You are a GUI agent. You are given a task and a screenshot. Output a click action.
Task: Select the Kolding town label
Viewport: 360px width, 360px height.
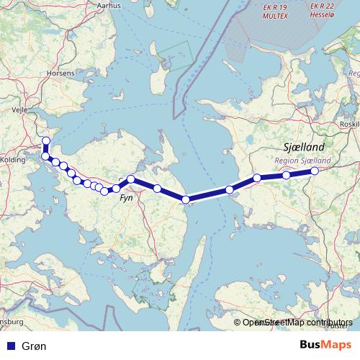pyautogui.click(x=13, y=138)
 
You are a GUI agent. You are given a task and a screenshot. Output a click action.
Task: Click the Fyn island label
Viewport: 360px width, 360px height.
pyautogui.click(x=126, y=196)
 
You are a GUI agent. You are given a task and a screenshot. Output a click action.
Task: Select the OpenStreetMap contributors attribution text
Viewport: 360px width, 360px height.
pyautogui.click(x=297, y=323)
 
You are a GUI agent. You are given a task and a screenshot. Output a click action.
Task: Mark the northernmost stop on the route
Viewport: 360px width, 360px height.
pyautogui.click(x=46, y=141)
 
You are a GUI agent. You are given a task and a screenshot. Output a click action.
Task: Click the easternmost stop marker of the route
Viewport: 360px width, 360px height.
pyautogui.click(x=315, y=171)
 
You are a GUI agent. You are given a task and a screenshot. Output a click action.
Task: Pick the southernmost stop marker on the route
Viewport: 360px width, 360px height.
pyautogui.click(x=186, y=200)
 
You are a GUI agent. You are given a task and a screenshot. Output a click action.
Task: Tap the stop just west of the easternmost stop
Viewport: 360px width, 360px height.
pyautogui.click(x=287, y=175)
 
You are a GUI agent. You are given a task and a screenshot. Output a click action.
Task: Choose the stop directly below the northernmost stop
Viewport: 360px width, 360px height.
pyautogui.click(x=45, y=156)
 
